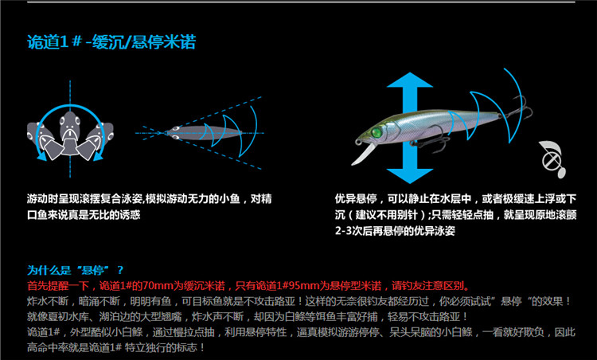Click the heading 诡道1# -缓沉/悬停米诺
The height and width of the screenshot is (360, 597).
pos(111,42)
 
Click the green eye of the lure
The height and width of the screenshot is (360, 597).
pos(377,132)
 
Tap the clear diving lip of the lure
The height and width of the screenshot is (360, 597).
pos(362,154)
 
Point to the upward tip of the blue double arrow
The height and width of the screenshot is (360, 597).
pos(410,72)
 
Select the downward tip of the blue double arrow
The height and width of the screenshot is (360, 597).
pos(410,183)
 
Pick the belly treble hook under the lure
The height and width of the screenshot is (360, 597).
pos(430,142)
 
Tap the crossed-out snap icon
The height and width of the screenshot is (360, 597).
pos(552,158)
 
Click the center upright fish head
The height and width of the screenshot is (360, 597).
pos(70,131)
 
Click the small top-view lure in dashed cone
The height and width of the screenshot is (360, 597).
pos(203,133)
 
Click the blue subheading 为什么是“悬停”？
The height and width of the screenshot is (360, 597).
pos(76,270)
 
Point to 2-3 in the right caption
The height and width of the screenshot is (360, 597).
pos(344,231)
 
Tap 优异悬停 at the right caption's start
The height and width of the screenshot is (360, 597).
pos(356,198)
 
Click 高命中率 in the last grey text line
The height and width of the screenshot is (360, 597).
pos(48,347)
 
